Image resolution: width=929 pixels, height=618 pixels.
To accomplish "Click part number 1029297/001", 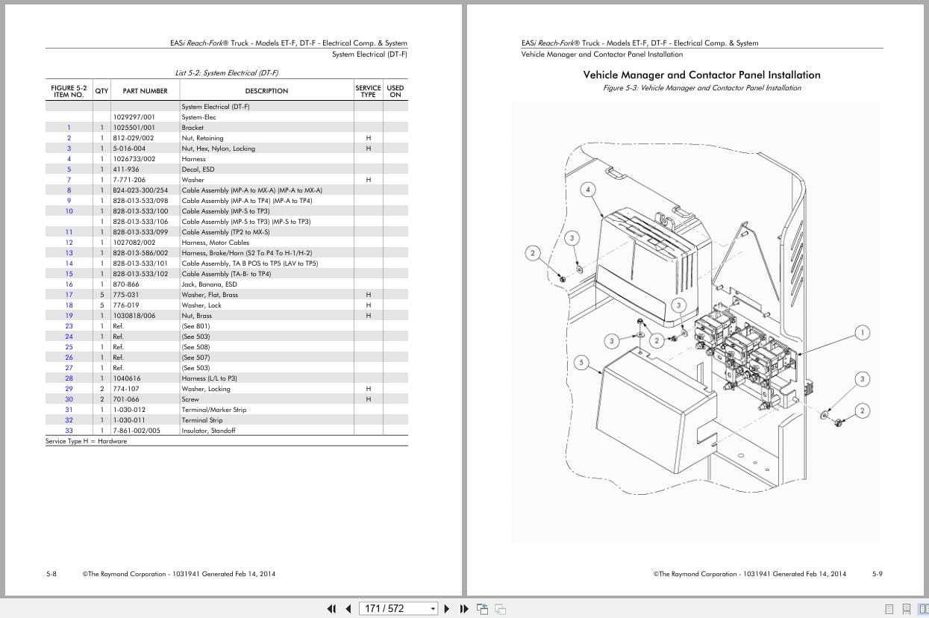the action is pos(134,117).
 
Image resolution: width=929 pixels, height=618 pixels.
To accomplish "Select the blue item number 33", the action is pos(69,431).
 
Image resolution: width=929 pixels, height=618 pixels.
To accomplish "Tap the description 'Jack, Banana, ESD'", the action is pos(209,284).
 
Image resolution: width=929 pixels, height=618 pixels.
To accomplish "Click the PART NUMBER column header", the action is pos(146,91).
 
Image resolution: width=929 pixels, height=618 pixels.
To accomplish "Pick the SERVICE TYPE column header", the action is pos(368,91).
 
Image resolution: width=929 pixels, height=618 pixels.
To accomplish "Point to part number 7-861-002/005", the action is pos(137,431).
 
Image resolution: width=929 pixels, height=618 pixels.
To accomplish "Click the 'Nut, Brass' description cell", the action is pos(196,316).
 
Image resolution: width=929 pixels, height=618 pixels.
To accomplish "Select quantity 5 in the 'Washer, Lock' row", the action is pos(102,305).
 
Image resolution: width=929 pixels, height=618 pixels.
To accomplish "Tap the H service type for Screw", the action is pos(369,399).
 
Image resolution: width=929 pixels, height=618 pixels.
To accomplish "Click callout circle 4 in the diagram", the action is pos(588,190).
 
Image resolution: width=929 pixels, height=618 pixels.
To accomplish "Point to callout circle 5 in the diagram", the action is pos(581,363).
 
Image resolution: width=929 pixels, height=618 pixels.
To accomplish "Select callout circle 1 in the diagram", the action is pos(863,333).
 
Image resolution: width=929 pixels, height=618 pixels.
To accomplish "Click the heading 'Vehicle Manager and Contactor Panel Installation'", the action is pos(701,75).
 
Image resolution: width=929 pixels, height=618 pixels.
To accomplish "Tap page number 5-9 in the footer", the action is pos(878,574).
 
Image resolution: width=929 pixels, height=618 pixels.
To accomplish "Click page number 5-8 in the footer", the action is pos(51,574).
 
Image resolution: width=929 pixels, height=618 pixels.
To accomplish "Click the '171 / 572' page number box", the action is pos(398,608).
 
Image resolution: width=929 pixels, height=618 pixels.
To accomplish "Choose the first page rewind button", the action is pos(331,608).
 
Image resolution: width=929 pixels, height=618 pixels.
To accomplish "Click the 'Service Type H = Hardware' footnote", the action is pos(87,441).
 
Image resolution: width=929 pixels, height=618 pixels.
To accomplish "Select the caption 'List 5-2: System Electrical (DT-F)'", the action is pos(227,73).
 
